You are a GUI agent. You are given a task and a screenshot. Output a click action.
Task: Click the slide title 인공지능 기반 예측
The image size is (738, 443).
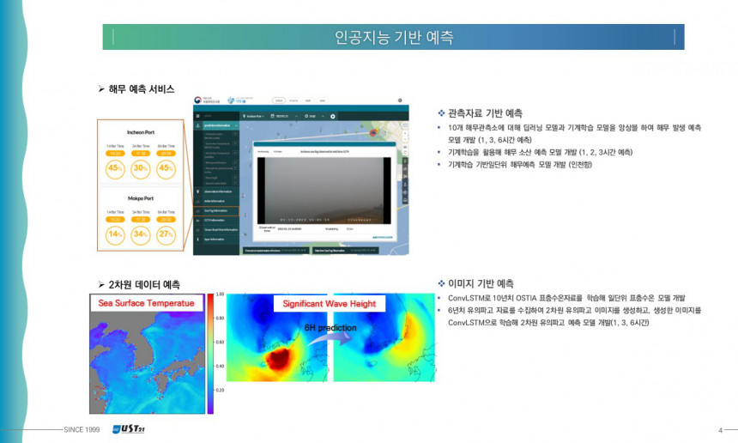click(x=393, y=38)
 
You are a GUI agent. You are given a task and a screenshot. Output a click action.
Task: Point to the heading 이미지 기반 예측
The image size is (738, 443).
click(x=481, y=283)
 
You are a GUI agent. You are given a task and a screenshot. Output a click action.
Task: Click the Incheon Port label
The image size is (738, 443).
click(x=140, y=133)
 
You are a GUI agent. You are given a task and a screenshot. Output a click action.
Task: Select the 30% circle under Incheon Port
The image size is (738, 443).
click(x=141, y=167)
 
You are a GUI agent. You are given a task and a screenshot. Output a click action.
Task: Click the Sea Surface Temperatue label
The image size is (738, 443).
click(x=146, y=303)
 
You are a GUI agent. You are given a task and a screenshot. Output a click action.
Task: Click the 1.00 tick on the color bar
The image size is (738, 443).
click(x=220, y=294)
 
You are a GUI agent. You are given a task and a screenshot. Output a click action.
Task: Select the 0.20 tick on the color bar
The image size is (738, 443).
click(x=220, y=390)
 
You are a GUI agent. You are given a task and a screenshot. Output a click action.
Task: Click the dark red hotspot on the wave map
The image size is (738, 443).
click(x=279, y=358)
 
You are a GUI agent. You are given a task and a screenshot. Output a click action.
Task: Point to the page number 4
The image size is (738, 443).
click(x=719, y=429)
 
